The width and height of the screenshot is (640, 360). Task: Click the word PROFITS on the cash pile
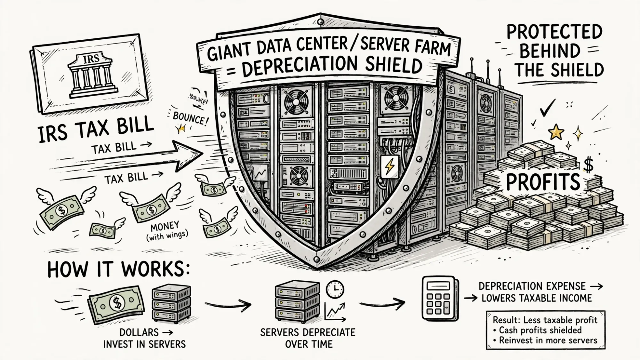[x=543, y=182]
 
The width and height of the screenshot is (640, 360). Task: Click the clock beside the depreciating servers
[x=335, y=289]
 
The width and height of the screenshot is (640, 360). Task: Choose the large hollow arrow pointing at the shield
[x=128, y=157]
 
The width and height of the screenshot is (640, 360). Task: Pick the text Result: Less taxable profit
[x=545, y=320]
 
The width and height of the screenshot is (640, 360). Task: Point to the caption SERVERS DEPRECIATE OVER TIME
[x=308, y=338]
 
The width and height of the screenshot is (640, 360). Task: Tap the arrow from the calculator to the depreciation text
[x=470, y=298]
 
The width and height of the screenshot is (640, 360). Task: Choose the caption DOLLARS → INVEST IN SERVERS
[x=144, y=338]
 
